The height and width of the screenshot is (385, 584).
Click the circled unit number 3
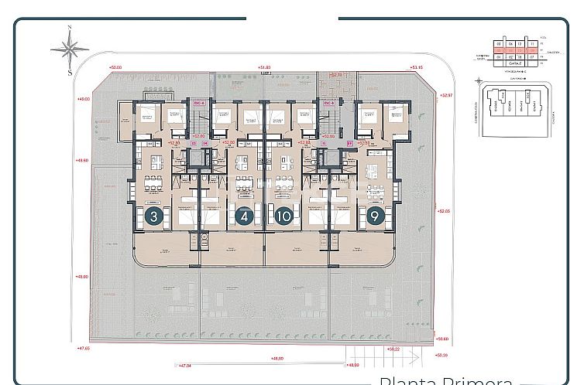(x=154, y=217)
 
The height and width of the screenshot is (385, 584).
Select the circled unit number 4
(x=244, y=217)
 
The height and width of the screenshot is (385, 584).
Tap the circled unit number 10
(x=284, y=217)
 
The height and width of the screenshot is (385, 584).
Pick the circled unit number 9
(x=376, y=217)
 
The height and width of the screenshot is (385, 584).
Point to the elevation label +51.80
(x=265, y=68)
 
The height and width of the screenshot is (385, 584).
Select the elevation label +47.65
(x=83, y=348)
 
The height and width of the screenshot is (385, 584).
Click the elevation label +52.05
(x=443, y=210)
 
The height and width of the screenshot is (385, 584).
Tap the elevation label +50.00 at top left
(x=116, y=68)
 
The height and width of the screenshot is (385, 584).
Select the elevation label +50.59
(x=442, y=355)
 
